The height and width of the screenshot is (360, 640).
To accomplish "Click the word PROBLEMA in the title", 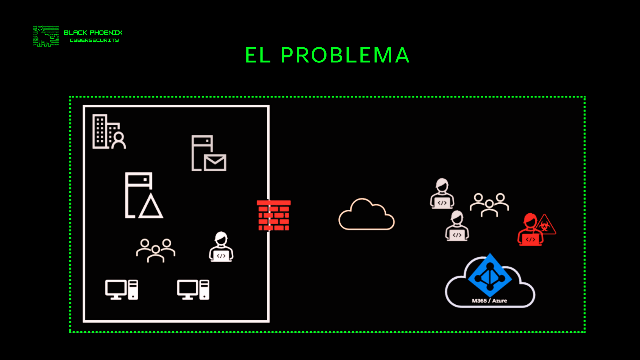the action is [345, 55].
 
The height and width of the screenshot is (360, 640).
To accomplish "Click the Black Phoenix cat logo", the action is [46, 36].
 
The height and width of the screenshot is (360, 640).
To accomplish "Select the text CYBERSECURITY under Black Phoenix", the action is [94, 40].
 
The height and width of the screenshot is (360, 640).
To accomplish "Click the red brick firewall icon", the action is [274, 215].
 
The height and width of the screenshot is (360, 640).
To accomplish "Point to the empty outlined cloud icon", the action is [366, 216].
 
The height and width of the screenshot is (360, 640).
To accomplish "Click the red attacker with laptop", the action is [530, 231].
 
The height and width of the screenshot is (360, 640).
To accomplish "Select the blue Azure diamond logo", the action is [490, 275].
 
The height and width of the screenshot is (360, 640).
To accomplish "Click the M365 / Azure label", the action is [489, 301].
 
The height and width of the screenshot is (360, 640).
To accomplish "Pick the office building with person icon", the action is [109, 132].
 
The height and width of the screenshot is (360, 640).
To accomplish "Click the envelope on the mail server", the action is [215, 163].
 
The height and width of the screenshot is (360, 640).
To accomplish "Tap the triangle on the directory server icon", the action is [151, 207].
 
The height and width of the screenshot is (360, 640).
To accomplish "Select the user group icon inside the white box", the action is [156, 250].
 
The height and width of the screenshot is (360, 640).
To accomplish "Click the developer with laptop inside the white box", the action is [221, 247].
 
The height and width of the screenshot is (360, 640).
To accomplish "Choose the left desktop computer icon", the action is [122, 290].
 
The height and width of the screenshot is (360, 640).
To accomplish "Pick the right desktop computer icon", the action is [193, 290].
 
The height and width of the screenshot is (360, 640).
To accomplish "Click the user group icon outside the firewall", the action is [489, 205].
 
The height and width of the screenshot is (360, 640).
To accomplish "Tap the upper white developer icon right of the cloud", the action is [442, 194].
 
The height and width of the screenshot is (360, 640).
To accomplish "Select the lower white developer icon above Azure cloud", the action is [457, 226].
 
